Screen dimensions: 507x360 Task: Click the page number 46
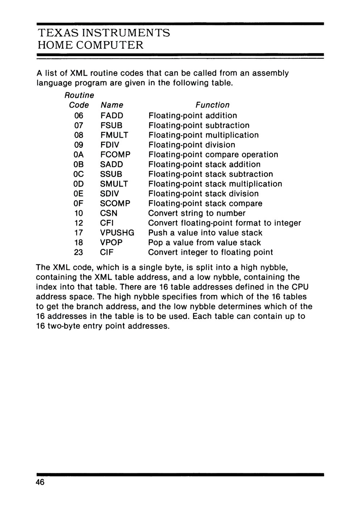(x=40, y=482)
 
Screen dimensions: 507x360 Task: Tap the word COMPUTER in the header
(x=109, y=45)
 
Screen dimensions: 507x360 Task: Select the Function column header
(x=213, y=105)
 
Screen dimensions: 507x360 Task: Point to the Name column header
(x=112, y=105)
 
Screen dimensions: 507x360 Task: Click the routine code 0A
(x=79, y=155)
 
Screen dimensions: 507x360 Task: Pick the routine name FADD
(x=112, y=116)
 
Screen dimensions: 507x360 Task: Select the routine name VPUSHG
(x=117, y=233)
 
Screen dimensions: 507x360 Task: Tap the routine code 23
(x=79, y=252)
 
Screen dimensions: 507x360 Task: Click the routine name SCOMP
(x=115, y=204)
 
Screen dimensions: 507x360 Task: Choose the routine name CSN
(x=109, y=213)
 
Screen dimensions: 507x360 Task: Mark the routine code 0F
(x=79, y=204)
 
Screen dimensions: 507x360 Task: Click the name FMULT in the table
(x=114, y=135)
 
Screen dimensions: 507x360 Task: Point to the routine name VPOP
(x=112, y=243)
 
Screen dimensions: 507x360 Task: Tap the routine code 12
(x=79, y=223)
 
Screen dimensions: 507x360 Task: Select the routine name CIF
(x=107, y=252)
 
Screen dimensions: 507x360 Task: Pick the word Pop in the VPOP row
(x=156, y=243)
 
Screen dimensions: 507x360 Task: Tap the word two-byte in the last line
(x=65, y=326)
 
